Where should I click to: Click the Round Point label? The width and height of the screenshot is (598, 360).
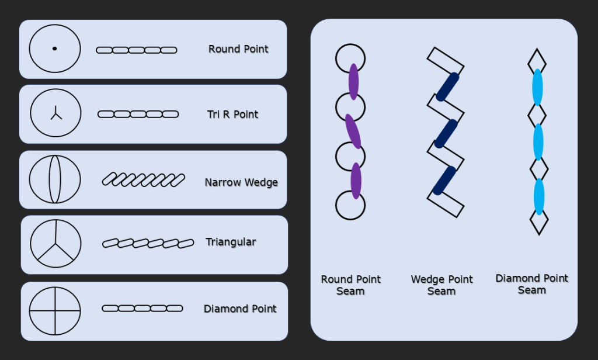(x=238, y=49)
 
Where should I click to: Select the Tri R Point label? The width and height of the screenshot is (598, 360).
(x=232, y=114)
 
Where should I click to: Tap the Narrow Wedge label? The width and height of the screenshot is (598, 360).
(x=241, y=182)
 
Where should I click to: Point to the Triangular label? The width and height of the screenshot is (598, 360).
(x=231, y=241)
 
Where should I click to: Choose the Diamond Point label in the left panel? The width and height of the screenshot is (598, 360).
(x=240, y=309)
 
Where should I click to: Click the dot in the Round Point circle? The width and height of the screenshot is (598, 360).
(x=54, y=49)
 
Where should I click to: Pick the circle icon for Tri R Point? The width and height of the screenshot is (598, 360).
(x=55, y=114)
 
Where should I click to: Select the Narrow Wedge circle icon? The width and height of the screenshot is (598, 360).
(x=54, y=179)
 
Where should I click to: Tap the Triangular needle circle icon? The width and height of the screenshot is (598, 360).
(x=55, y=243)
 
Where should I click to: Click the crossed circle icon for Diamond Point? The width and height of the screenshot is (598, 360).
(x=55, y=310)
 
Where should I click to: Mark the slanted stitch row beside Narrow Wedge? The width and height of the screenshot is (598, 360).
(x=143, y=180)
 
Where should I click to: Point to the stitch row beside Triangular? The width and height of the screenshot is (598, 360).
(x=148, y=243)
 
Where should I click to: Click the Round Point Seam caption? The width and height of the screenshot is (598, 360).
(x=350, y=285)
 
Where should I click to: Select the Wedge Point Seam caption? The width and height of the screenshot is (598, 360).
(x=441, y=285)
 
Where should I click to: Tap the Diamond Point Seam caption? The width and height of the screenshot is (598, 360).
(x=531, y=284)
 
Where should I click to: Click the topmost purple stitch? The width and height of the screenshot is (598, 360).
(x=353, y=82)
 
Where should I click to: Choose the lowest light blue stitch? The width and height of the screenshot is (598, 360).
(x=538, y=197)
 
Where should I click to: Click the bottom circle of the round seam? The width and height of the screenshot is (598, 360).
(x=350, y=206)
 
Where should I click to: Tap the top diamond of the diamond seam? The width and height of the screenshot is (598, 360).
(x=537, y=60)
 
